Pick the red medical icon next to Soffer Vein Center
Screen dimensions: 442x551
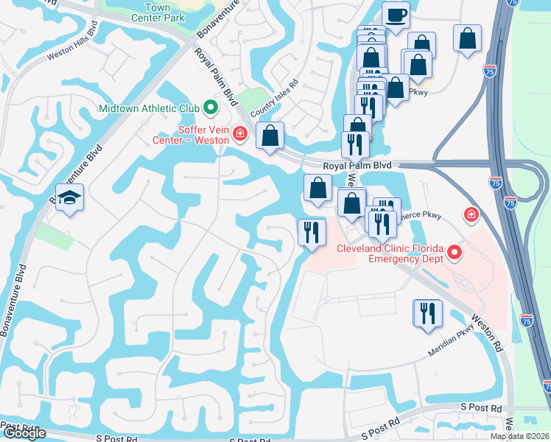(x=239, y=133)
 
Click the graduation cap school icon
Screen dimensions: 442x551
(x=70, y=197)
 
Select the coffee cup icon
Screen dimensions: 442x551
(x=396, y=15)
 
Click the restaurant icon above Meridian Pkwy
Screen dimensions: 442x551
(x=427, y=313)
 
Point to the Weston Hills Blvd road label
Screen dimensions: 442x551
(x=72, y=46)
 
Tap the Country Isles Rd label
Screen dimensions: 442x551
(x=275, y=99)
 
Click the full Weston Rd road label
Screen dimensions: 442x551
(x=487, y=332)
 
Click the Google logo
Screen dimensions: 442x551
(x=24, y=433)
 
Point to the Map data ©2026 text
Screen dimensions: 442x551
(x=520, y=436)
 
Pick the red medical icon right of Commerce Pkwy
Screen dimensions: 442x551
(x=469, y=215)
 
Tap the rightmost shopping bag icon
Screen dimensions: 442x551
(x=468, y=39)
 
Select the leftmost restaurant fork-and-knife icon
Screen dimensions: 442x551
(x=311, y=233)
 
